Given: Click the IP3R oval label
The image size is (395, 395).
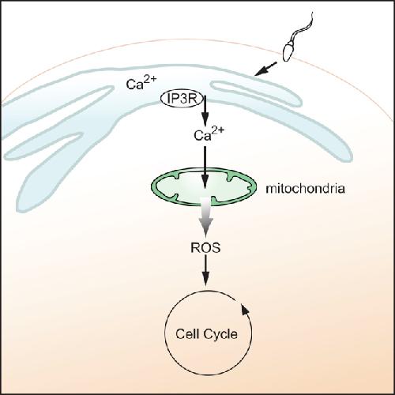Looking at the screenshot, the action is tap(182, 99).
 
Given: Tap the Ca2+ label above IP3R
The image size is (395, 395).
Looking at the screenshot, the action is tap(141, 82).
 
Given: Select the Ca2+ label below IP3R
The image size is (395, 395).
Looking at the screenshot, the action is tap(209, 134).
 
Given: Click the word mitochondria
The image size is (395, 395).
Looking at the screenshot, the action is tap(305, 189).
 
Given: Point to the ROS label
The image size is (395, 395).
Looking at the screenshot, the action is tap(205, 247).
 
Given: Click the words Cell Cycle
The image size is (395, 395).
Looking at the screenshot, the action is tap(206, 334).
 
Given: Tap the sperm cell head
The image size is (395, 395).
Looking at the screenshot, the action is tap(288, 51).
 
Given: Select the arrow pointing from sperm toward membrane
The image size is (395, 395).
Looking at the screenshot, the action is tap(265, 69).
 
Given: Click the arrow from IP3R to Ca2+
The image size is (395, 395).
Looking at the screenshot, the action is tap(205, 111).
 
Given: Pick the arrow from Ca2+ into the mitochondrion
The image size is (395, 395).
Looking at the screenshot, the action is tap(205, 167).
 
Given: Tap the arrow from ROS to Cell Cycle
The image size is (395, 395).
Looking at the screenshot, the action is tap(205, 270).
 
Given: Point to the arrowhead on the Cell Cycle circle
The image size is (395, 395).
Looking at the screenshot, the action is tap(245, 309).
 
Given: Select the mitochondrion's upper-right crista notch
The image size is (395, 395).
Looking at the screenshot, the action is tap(231, 177).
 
